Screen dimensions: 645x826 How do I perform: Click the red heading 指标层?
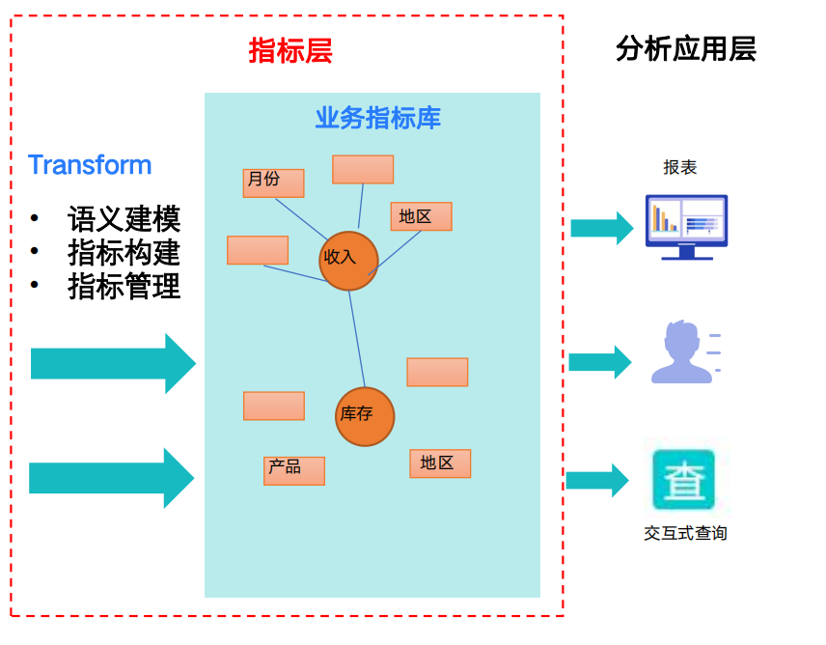(290, 51)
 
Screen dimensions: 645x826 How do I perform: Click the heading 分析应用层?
(685, 49)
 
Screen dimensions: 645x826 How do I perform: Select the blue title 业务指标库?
(377, 118)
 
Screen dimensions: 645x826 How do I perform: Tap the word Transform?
(90, 165)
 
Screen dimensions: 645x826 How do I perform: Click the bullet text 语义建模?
(124, 219)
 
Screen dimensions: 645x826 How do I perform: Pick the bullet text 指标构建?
(124, 253)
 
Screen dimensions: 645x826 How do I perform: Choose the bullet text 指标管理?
(124, 287)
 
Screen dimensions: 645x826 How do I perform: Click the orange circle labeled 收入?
(347, 261)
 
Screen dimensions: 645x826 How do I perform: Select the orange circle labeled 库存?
(365, 416)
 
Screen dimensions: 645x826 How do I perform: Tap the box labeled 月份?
(273, 182)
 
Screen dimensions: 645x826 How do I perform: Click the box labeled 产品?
(293, 470)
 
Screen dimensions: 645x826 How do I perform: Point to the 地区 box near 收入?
(421, 216)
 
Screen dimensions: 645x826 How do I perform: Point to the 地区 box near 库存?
(440, 463)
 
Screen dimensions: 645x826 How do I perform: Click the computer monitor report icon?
(686, 226)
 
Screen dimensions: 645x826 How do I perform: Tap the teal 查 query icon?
(684, 480)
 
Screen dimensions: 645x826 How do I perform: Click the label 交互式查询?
(685, 533)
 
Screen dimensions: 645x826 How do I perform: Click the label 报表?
(679, 168)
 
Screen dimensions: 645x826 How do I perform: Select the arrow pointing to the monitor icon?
(601, 228)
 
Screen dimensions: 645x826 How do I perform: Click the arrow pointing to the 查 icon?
(597, 480)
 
